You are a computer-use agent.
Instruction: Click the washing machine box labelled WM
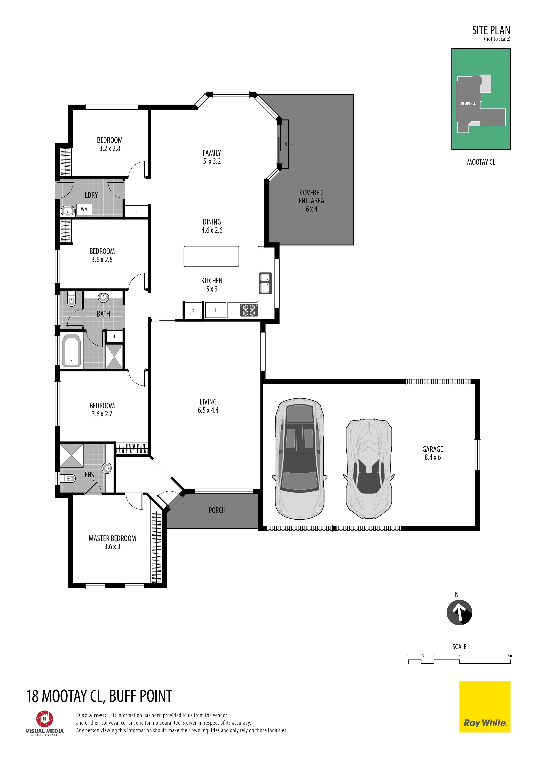(x=84, y=209)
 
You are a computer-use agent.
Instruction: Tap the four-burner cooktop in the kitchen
(x=249, y=310)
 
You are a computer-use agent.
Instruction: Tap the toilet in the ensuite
(x=69, y=478)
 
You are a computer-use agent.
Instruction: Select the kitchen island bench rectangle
(x=211, y=256)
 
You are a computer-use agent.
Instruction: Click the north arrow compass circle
(x=459, y=612)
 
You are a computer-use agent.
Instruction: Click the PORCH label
(x=217, y=510)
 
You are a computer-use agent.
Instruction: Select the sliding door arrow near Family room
(x=288, y=144)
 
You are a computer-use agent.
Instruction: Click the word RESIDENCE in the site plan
(x=468, y=103)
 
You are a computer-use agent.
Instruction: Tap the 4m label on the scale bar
(x=510, y=656)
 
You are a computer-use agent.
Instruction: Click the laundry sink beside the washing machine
(x=68, y=210)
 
